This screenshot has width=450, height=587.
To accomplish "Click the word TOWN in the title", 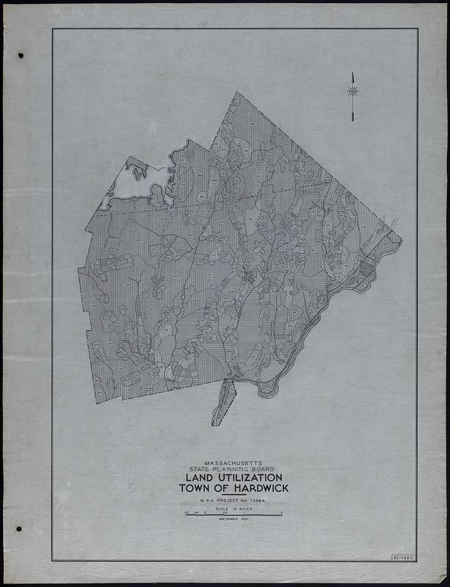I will (x=195, y=488).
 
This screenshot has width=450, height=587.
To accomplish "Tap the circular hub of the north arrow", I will (x=352, y=92).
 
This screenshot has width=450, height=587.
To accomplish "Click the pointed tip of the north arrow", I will (x=352, y=73).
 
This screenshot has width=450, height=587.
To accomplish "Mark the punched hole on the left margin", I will (x=21, y=55).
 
